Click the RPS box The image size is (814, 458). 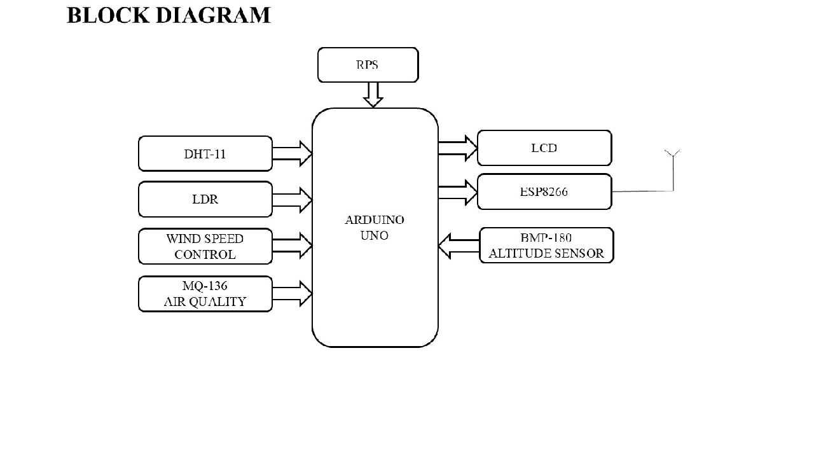click(368, 65)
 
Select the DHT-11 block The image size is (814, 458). click(205, 154)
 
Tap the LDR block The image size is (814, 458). click(205, 199)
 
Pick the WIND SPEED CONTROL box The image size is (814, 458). click(205, 246)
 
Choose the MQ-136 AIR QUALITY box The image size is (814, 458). click(205, 294)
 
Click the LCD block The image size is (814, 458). click(544, 148)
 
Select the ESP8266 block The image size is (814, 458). click(544, 191)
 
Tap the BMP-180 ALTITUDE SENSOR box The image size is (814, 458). click(546, 246)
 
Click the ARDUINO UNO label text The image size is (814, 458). click(375, 228)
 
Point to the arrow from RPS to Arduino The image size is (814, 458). click(373, 95)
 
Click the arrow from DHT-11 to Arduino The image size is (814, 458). click(292, 154)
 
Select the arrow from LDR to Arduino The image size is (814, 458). click(292, 199)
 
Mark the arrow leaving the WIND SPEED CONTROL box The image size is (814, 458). click(292, 246)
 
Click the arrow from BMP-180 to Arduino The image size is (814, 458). click(459, 246)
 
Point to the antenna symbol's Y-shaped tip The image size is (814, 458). click(672, 153)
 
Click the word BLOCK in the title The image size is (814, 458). click(107, 15)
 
